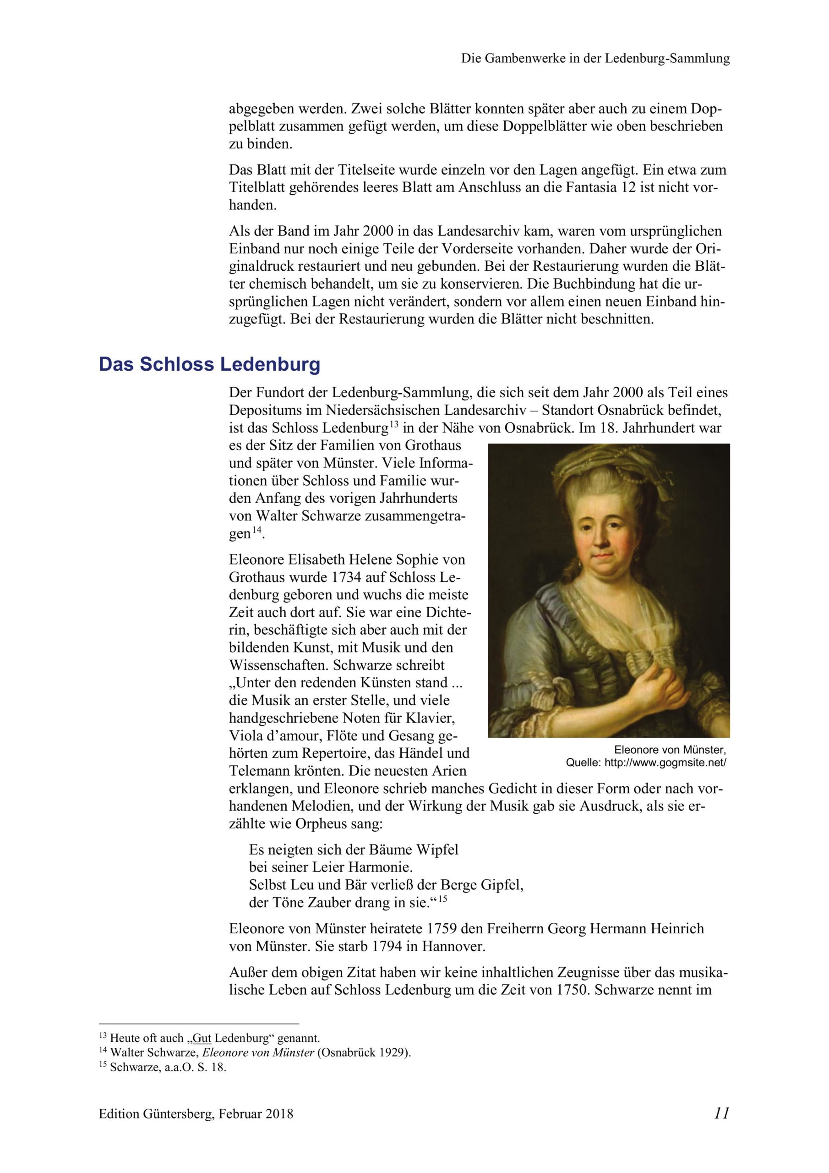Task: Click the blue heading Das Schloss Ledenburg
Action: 209,364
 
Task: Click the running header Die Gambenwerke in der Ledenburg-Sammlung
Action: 595,58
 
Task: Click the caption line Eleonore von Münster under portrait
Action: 669,750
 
